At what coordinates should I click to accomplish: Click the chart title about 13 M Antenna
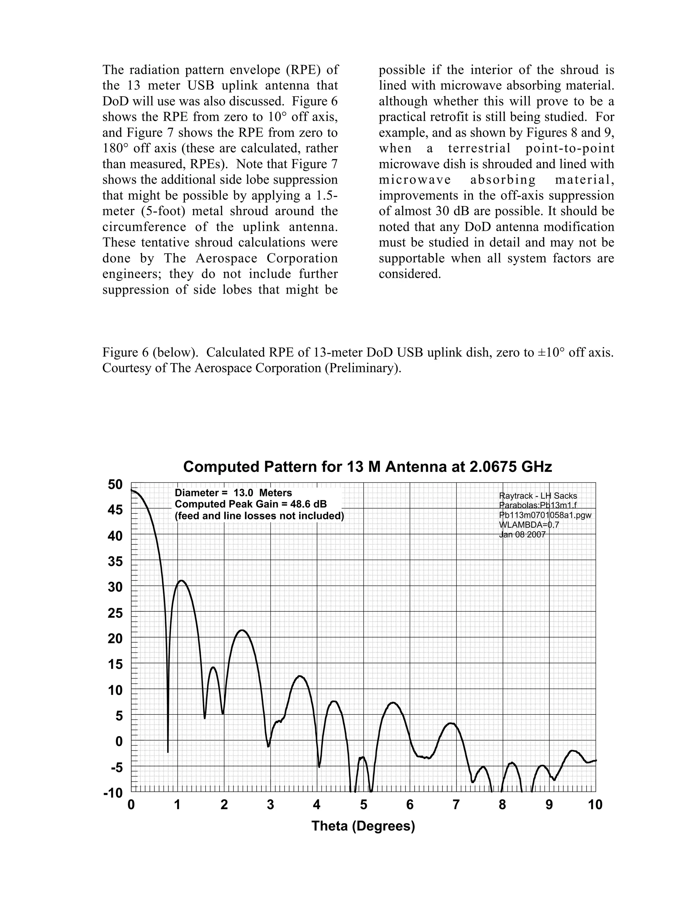tap(367, 466)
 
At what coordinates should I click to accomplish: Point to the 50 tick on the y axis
tap(116, 484)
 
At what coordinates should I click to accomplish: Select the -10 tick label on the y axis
tap(114, 793)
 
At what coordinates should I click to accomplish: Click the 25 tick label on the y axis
tap(116, 613)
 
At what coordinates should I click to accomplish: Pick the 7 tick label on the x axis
tap(456, 805)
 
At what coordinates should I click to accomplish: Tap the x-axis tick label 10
tap(595, 805)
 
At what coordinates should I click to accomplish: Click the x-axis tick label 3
tap(271, 805)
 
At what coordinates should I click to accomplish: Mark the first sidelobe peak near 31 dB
tap(181, 580)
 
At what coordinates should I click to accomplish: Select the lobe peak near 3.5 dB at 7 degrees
tap(452, 723)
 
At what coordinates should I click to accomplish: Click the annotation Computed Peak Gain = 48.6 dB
tap(251, 504)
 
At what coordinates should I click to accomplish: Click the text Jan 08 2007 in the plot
tap(522, 535)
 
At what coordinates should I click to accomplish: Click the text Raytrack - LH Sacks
tap(538, 496)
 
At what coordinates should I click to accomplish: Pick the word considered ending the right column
tap(410, 274)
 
